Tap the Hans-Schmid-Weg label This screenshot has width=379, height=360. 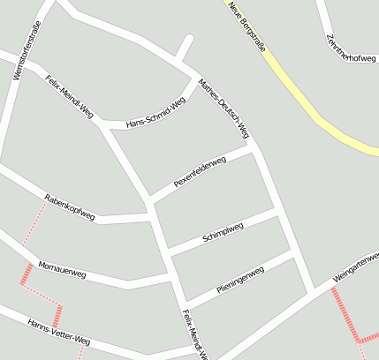[x=156, y=112]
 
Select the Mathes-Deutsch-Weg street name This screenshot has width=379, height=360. [x=224, y=109]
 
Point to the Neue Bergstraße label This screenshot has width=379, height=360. [x=246, y=23]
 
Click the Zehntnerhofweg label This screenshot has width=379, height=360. [x=350, y=49]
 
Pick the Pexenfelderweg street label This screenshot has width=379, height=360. [x=200, y=171]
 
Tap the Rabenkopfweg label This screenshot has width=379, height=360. [x=69, y=206]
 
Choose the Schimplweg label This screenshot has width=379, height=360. [x=223, y=232]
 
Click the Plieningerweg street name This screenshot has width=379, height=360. [x=240, y=281]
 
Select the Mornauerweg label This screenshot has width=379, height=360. [x=62, y=270]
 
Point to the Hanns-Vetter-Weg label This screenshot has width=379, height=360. [x=58, y=331]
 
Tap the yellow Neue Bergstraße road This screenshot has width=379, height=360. [x=300, y=88]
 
